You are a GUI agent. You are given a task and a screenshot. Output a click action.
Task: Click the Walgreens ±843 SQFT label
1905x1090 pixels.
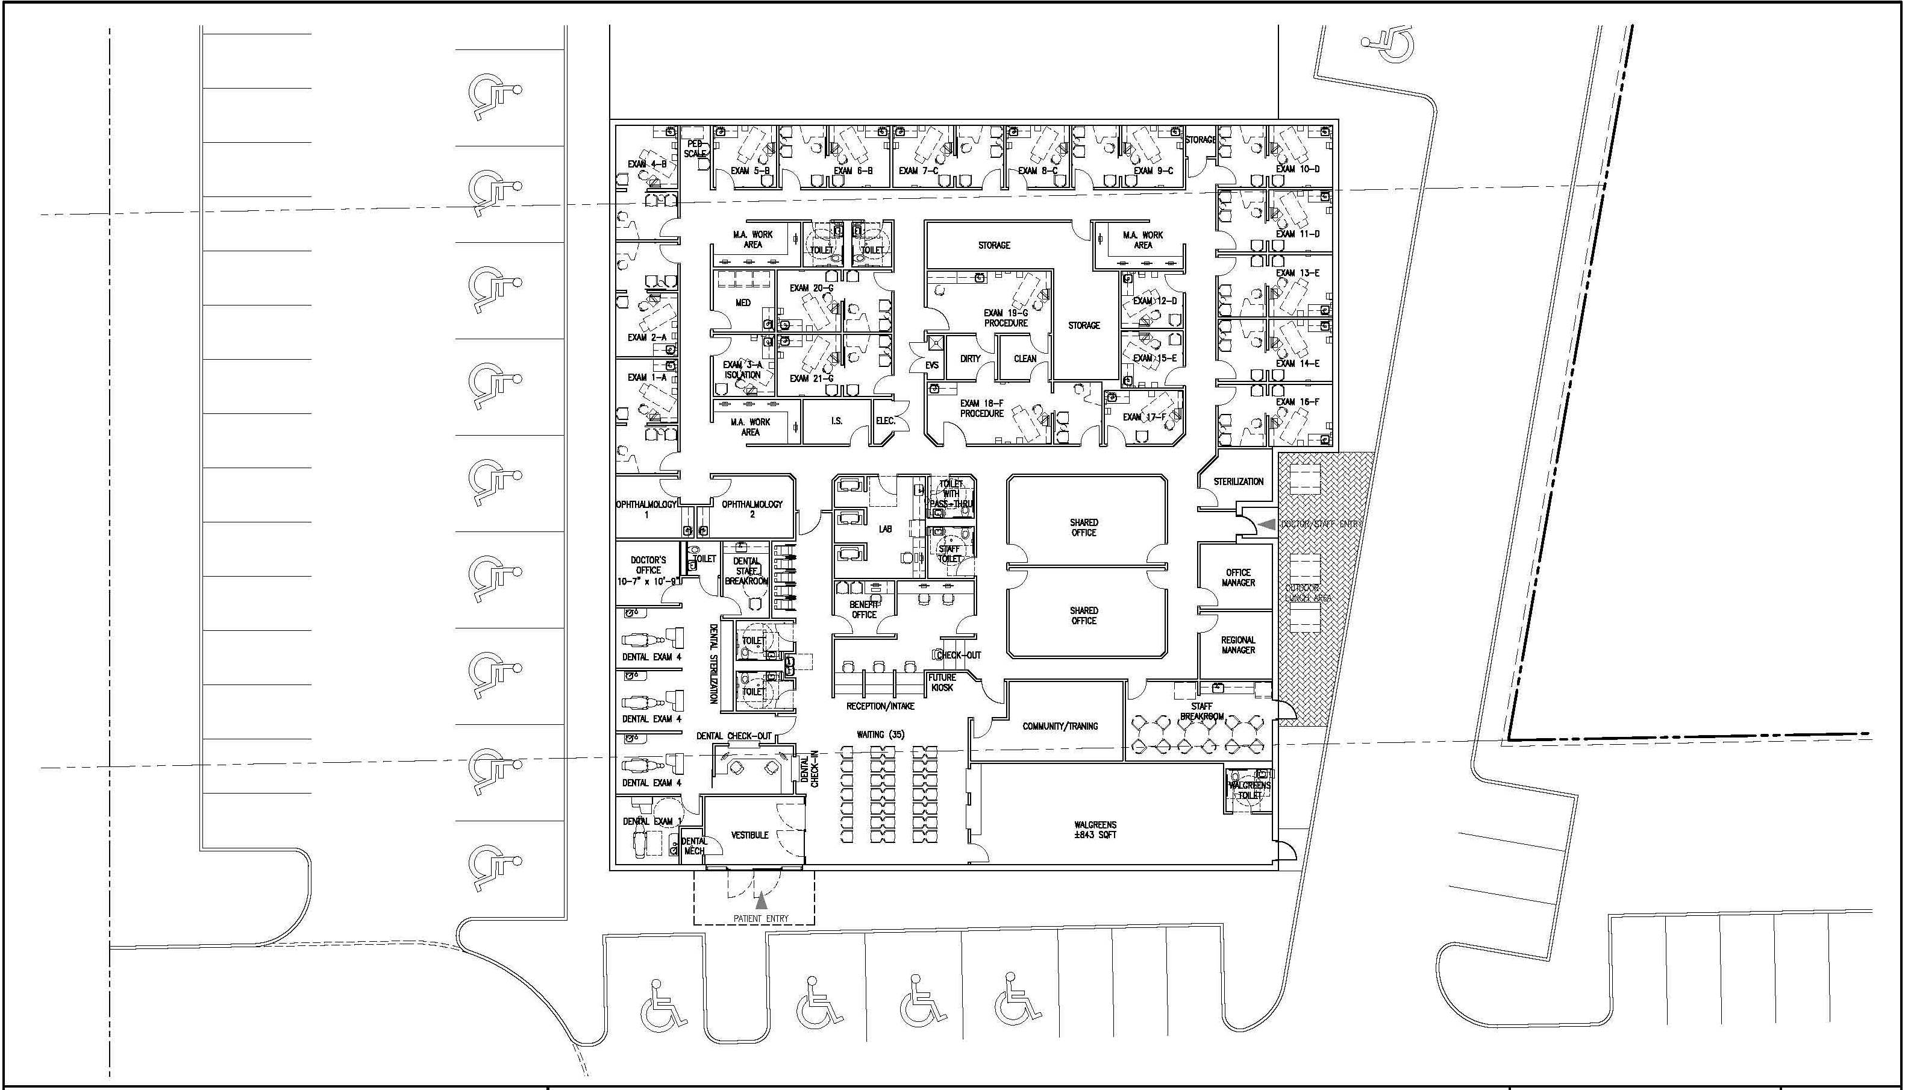pyautogui.click(x=1093, y=830)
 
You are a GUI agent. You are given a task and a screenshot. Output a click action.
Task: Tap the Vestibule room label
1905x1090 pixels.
pyautogui.click(x=749, y=835)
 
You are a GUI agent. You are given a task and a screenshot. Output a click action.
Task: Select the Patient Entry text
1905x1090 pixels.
pyautogui.click(x=760, y=918)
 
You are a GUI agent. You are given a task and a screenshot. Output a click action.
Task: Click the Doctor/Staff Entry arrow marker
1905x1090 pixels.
pyautogui.click(x=1266, y=525)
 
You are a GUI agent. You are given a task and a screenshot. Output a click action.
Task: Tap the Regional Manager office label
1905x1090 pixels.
pyautogui.click(x=1237, y=645)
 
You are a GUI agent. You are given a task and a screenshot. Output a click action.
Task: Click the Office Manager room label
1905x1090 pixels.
pyautogui.click(x=1238, y=577)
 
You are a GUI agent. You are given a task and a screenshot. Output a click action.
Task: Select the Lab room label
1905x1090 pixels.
pyautogui.click(x=886, y=529)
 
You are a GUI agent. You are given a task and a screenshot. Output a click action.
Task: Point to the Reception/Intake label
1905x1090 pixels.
pyautogui.click(x=880, y=706)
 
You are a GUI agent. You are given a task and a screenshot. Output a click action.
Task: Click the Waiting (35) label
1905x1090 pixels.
pyautogui.click(x=880, y=734)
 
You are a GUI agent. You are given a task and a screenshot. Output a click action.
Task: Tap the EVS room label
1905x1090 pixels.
pyautogui.click(x=932, y=365)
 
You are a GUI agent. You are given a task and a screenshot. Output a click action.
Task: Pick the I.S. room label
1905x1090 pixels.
pyautogui.click(x=836, y=421)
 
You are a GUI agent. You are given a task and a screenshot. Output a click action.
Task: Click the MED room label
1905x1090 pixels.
pyautogui.click(x=743, y=303)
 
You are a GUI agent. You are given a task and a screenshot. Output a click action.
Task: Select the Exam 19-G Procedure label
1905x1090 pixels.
pyautogui.click(x=1006, y=318)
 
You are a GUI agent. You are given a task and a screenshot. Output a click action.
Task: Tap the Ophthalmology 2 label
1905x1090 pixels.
pyautogui.click(x=752, y=509)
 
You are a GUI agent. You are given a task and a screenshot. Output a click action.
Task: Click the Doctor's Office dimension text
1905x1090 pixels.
pyautogui.click(x=648, y=581)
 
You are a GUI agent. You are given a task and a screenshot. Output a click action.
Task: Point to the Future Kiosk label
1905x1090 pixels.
pyautogui.click(x=942, y=682)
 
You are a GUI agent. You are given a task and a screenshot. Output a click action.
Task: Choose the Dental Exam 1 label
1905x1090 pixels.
pyautogui.click(x=652, y=821)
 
